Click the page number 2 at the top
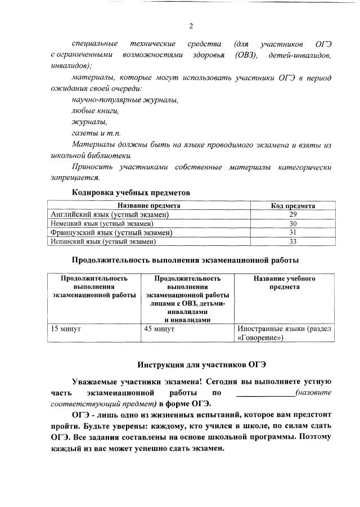pyautogui.click(x=191, y=26)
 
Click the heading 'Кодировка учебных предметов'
pyautogui.click(x=131, y=192)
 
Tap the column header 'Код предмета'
pyautogui.click(x=292, y=206)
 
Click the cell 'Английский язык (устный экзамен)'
pyautogui.click(x=110, y=215)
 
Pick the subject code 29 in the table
pyautogui.click(x=292, y=215)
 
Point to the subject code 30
pyautogui.click(x=292, y=223)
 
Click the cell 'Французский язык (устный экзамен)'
pyautogui.click(x=111, y=232)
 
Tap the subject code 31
pyautogui.click(x=292, y=232)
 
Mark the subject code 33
pyautogui.click(x=292, y=241)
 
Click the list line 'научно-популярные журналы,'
pyautogui.click(x=125, y=100)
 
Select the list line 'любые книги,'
pyautogui.click(x=95, y=111)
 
